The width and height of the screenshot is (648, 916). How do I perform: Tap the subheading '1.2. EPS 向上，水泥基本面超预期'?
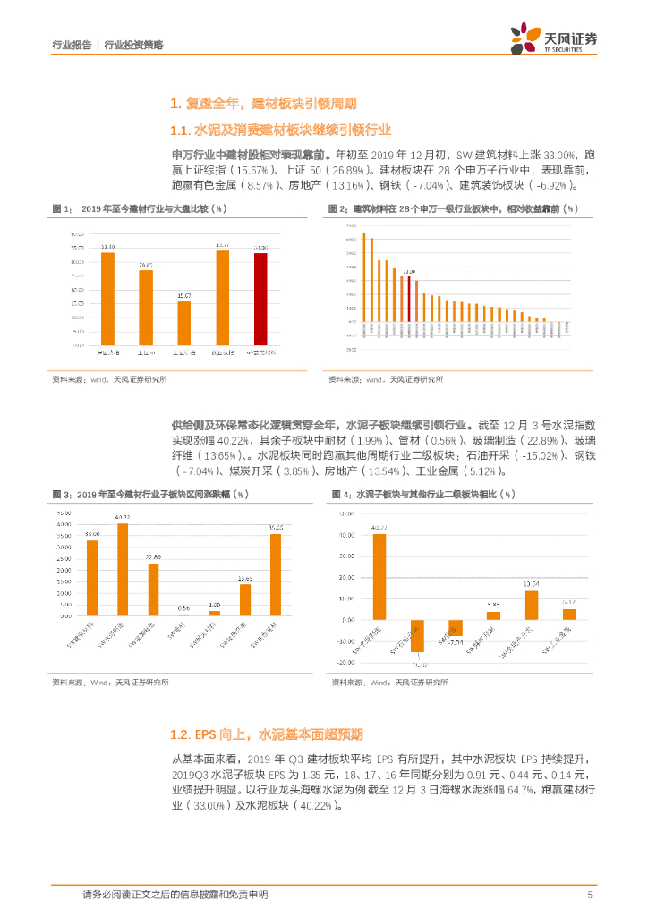point(266,734)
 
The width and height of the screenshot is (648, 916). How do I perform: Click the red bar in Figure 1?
point(260,298)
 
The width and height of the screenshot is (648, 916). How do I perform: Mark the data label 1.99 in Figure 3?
point(214,606)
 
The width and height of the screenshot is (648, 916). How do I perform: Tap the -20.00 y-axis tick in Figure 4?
point(344,662)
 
